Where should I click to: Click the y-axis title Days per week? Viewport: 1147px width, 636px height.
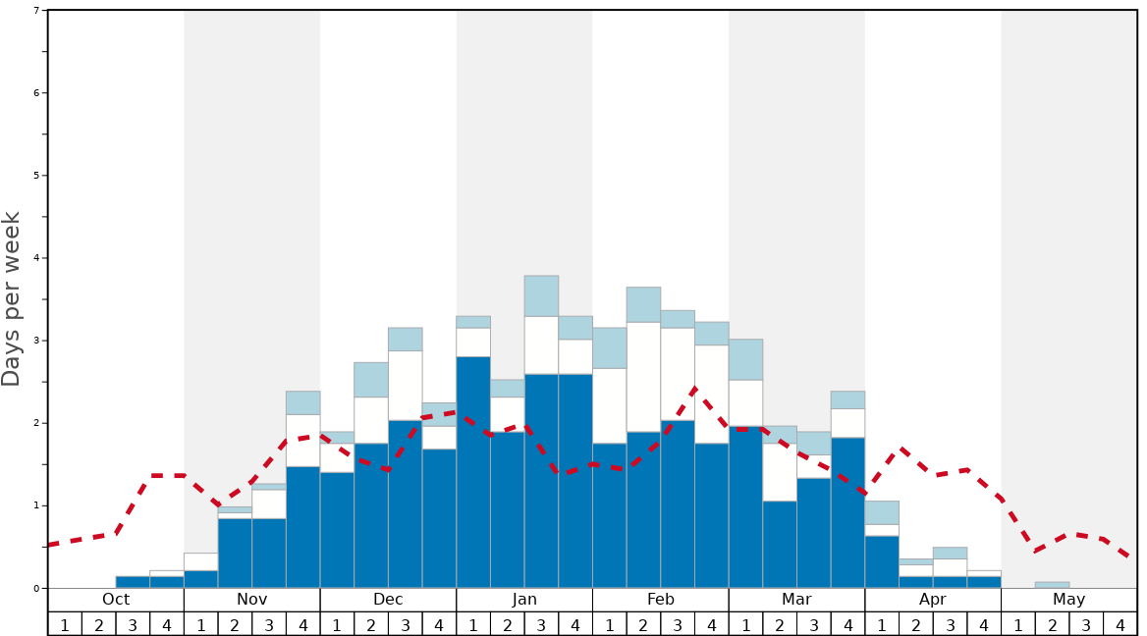click(12, 298)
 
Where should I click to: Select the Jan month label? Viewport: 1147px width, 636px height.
click(524, 600)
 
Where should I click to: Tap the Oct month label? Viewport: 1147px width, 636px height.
click(116, 600)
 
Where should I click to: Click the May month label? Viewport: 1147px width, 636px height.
click(1068, 600)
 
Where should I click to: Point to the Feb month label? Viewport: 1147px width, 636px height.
click(661, 600)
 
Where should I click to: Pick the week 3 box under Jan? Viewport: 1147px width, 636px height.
click(541, 624)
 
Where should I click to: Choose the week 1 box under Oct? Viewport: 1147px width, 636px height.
click(65, 624)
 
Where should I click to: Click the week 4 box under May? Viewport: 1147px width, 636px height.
click(1120, 624)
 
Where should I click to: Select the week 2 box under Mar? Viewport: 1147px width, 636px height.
click(780, 624)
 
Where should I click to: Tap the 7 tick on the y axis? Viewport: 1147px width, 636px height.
click(36, 10)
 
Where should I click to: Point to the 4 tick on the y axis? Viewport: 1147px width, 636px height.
click(36, 258)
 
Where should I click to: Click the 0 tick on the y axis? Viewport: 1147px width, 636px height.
click(36, 589)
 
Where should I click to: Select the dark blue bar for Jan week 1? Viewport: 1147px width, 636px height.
click(473, 471)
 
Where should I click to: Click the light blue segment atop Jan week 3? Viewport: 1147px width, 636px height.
click(541, 295)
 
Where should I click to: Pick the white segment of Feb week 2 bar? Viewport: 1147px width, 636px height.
click(643, 376)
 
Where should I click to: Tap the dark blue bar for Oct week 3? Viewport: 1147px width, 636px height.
click(133, 582)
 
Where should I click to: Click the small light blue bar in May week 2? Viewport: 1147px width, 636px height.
click(1052, 585)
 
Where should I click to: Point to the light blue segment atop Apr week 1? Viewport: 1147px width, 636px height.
click(882, 512)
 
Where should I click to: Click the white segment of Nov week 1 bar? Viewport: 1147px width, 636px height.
click(200, 561)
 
